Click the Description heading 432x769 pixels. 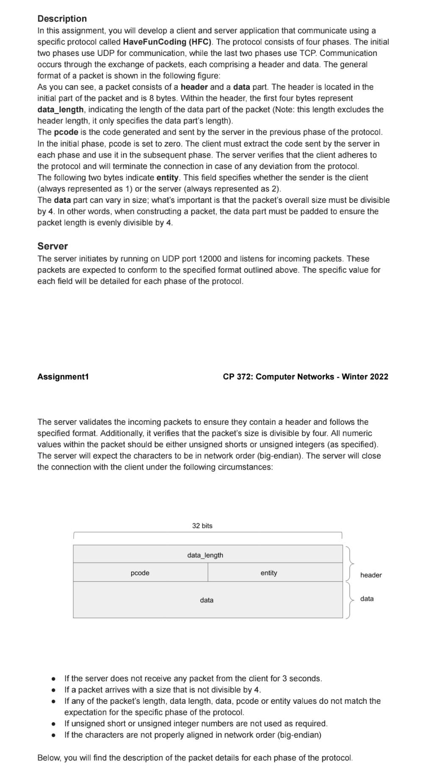coord(62,19)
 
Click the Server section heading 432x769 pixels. coord(53,246)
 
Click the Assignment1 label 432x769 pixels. coord(63,376)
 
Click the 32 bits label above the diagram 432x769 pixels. coord(202,526)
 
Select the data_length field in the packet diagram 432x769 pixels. coord(205,555)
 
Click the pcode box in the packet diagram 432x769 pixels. coord(140,573)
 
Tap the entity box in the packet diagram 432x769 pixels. coord(269,573)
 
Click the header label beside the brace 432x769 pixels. coord(371,575)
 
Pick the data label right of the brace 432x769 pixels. coord(367,599)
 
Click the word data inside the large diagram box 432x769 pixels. coord(207,600)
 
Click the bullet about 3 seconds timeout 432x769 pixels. coord(193,678)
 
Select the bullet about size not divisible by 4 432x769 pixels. coord(162,690)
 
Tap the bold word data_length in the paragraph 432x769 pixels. coord(60,110)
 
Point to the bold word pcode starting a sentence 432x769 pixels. coord(66,132)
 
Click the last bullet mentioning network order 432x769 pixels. coord(192,735)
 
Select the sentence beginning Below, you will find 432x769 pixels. coord(195,758)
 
